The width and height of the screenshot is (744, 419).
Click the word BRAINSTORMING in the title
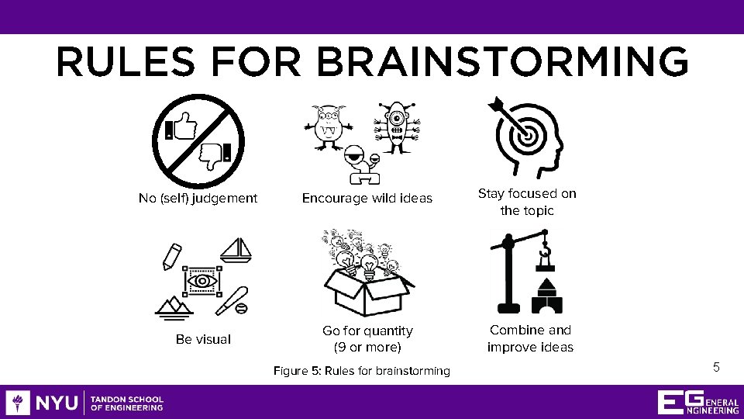coord(502,62)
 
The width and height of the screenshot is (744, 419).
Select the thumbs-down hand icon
coord(215,156)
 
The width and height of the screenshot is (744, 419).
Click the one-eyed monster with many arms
coord(397,127)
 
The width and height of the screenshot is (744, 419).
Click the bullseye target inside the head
coord(526,135)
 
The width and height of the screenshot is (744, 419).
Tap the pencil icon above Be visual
coord(172,257)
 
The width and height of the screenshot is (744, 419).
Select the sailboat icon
coord(236,250)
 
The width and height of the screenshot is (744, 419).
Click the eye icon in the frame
coord(202,281)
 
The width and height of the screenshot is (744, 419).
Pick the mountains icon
coord(174,308)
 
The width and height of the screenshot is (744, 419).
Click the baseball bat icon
coord(232,301)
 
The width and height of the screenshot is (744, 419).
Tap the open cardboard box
coord(367,293)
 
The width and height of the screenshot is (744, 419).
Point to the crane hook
coord(545,248)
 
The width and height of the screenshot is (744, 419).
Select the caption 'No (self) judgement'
coord(198,198)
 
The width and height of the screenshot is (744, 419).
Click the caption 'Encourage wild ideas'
coord(367,198)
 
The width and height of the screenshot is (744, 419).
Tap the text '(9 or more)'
coord(367,348)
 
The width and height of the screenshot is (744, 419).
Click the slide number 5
coord(716,367)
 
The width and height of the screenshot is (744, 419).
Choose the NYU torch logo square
coord(18,403)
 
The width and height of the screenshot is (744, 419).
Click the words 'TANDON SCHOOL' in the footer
coord(126,400)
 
